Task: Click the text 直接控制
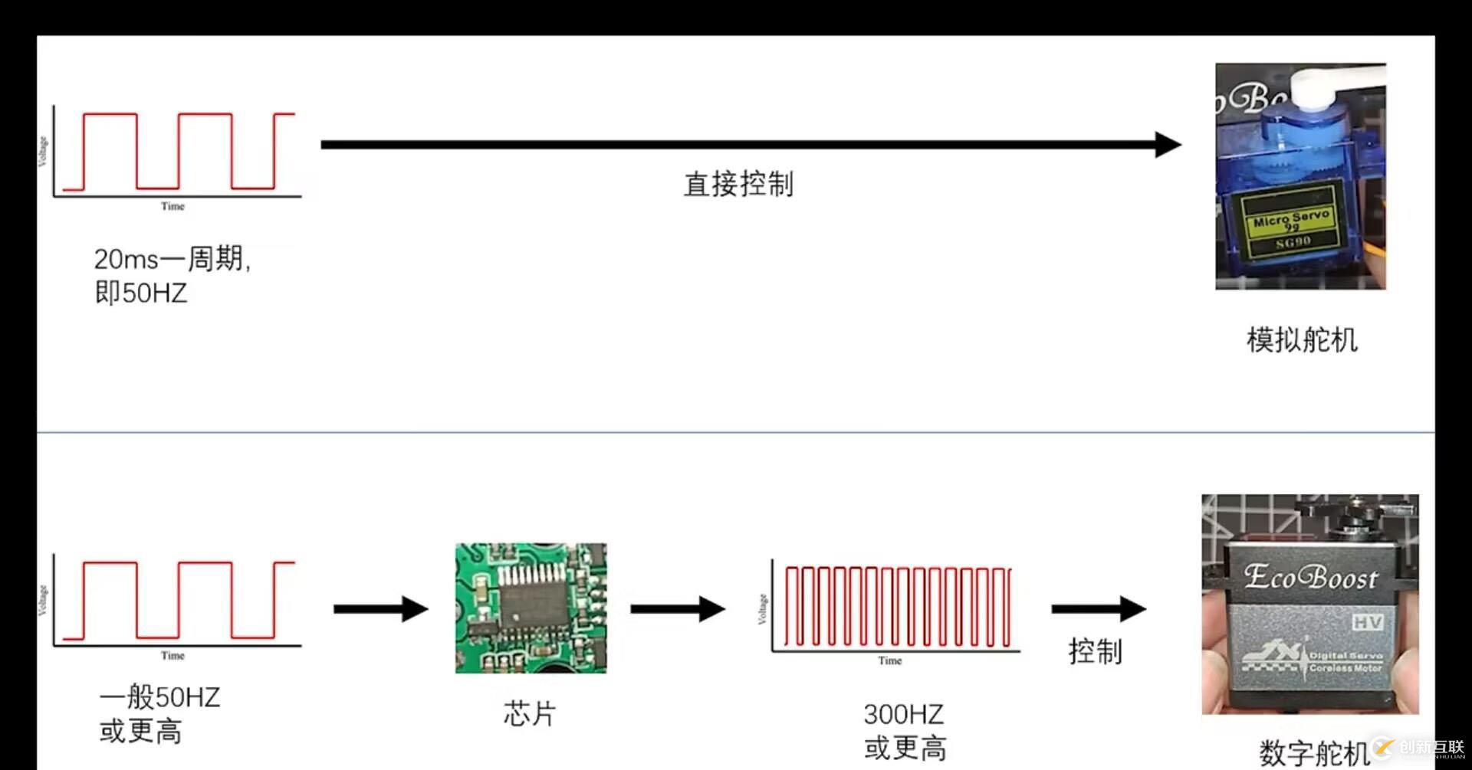(738, 185)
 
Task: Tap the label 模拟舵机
(1301, 339)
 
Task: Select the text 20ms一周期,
(172, 259)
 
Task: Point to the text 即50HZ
(140, 293)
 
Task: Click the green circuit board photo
(531, 608)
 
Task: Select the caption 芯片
(529, 713)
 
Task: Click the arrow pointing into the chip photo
(380, 609)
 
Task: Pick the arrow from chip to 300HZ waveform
(677, 609)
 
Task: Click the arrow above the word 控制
(1098, 609)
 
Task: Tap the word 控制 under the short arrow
(1095, 651)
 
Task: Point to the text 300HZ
(903, 714)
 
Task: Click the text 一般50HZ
(159, 697)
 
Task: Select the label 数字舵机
(1313, 752)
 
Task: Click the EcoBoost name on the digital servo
(1310, 577)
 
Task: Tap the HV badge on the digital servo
(1367, 622)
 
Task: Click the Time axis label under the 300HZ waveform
(889, 660)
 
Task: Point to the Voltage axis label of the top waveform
(43, 151)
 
